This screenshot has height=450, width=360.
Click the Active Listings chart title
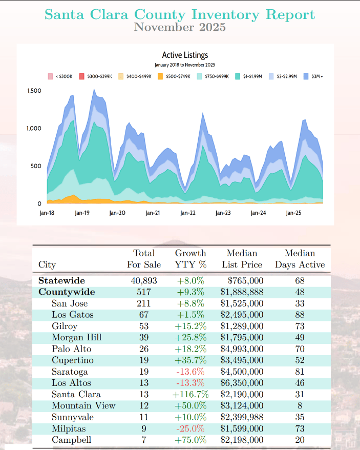[185, 55]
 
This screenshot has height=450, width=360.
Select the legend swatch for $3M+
[306, 76]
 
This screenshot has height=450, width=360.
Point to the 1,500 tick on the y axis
[34, 91]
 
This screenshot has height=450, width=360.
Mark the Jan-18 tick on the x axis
[47, 212]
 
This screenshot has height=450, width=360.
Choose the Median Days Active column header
[300, 259]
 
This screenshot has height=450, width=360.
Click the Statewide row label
[61, 281]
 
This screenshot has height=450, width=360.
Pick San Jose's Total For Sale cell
[144, 303]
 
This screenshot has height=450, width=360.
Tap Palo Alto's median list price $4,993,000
[242, 349]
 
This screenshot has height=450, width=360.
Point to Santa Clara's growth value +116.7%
[190, 394]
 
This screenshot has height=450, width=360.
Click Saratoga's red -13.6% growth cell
[190, 372]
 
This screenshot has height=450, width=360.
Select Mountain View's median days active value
[300, 405]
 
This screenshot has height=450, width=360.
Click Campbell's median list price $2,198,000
[242, 440]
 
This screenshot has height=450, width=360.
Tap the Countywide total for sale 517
[144, 292]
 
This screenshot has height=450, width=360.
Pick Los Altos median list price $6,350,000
[242, 383]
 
